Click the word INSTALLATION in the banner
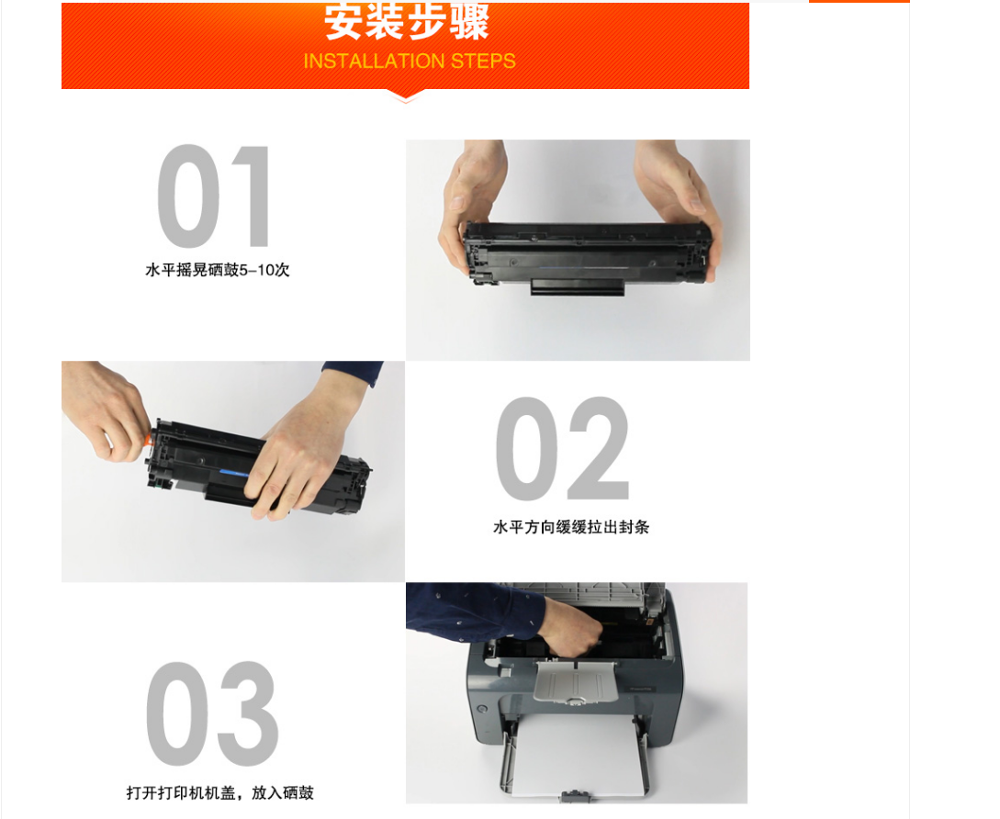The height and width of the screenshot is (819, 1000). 374,62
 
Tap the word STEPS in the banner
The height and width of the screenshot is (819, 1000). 483,62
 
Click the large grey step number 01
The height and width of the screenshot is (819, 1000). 214,196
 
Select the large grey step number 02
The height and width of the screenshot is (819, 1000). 563,448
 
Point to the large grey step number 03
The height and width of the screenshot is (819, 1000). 212,713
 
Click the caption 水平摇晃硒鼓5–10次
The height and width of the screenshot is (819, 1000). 218,270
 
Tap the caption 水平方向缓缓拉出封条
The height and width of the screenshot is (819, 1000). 571,527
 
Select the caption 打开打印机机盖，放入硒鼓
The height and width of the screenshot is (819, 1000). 220,793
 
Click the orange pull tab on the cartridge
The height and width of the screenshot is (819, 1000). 150,439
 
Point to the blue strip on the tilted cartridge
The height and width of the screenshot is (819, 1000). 233,473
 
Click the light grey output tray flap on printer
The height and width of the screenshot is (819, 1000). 575,682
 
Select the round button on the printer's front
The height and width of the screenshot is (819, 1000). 482,709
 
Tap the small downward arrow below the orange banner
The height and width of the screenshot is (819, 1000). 406,97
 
